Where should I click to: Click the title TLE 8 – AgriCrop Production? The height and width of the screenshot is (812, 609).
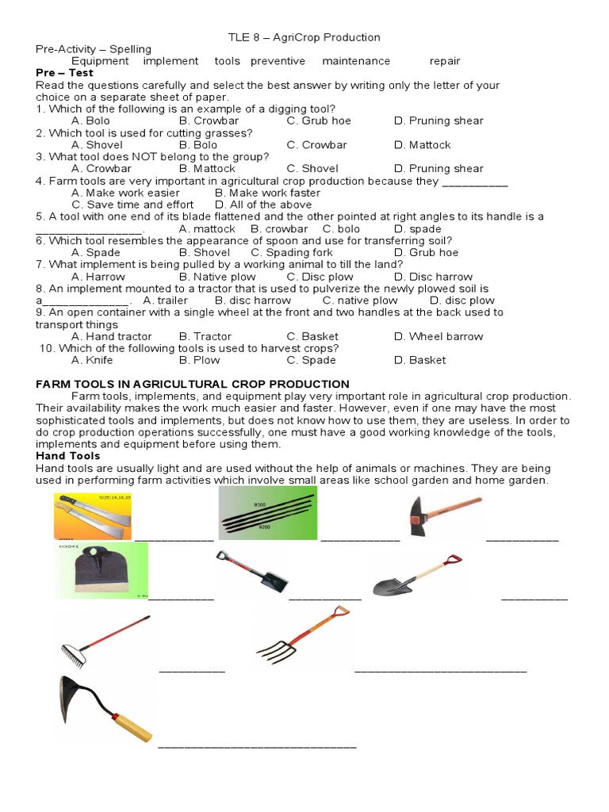(x=304, y=37)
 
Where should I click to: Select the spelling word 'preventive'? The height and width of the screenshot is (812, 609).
(x=278, y=61)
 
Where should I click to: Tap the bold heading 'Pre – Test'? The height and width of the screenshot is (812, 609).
(x=65, y=73)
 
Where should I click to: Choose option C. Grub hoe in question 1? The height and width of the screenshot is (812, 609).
(x=319, y=121)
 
